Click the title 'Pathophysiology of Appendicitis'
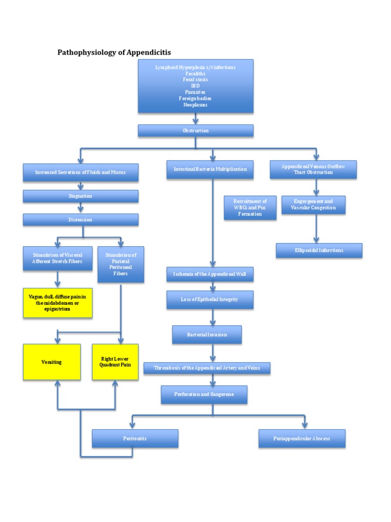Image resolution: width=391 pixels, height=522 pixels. [x=114, y=52]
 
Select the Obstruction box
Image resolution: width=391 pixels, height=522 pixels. [x=195, y=131]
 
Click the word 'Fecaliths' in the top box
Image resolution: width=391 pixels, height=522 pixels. [x=195, y=73]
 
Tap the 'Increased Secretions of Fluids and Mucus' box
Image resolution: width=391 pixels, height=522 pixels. [x=80, y=173]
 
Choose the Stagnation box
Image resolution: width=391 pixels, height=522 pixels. [x=80, y=196]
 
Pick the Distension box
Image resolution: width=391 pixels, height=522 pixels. [x=80, y=220]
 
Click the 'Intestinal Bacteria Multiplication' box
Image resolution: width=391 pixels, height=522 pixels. [x=210, y=169]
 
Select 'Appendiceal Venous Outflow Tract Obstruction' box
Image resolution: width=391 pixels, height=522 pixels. [x=313, y=169]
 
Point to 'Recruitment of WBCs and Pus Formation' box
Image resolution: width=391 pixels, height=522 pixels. [x=250, y=208]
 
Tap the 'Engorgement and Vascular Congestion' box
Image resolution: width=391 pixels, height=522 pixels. [x=313, y=205]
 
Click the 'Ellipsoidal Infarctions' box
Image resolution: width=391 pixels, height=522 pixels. [x=319, y=250]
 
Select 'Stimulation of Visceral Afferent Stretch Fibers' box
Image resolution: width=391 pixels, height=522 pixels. [x=58, y=258]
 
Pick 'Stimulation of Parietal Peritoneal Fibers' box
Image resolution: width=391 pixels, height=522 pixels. [x=121, y=264]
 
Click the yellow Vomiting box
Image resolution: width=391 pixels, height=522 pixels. [x=51, y=362]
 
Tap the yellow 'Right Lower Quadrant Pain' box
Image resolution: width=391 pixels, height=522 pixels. [x=115, y=362]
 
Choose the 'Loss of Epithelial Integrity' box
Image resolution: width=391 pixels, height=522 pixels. [x=210, y=300]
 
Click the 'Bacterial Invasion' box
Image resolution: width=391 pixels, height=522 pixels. [x=207, y=335]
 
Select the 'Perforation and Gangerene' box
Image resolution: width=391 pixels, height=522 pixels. [x=204, y=395]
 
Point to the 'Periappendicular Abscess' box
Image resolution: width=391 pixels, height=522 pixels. [x=301, y=438]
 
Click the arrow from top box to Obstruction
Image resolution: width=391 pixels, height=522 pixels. [x=195, y=119]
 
